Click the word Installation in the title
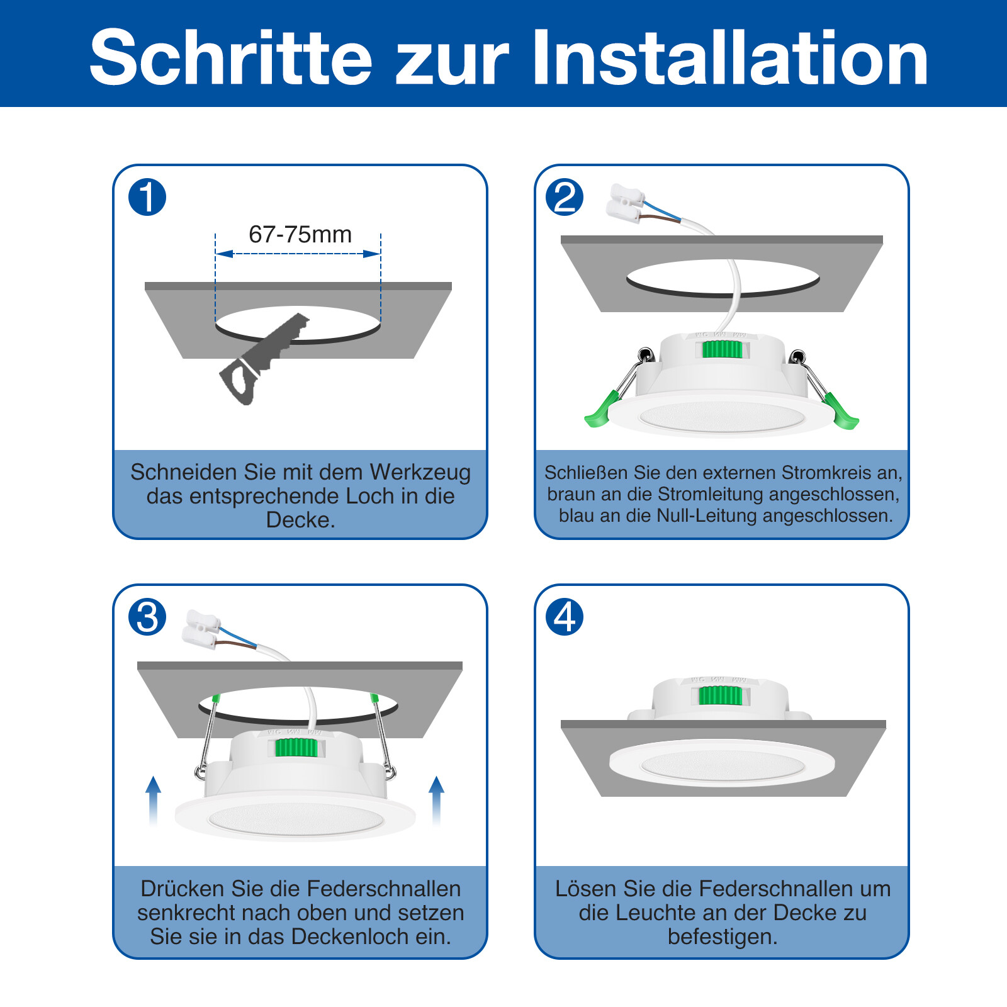coord(730,58)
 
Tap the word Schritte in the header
coord(232,58)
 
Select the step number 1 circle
coord(147,197)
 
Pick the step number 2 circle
coord(565,197)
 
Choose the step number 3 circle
coord(147,617)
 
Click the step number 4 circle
coord(565,617)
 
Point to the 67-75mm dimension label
coord(300,235)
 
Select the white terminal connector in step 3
coord(201,629)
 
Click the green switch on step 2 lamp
coord(722,349)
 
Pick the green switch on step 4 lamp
coord(720,695)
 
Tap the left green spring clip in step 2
coord(603,409)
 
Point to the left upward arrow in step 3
coord(153,801)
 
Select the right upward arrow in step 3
coord(436,801)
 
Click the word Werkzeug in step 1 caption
coord(420,473)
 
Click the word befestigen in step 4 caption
coord(723,937)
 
